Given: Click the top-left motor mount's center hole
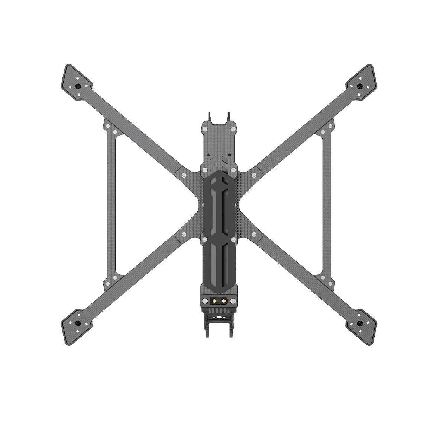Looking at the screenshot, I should (x=78, y=86).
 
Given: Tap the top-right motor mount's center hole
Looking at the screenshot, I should (x=359, y=86).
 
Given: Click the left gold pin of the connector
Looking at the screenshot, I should (x=214, y=300).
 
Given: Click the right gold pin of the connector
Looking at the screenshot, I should (x=223, y=300).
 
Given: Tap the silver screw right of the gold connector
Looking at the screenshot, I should (x=233, y=301).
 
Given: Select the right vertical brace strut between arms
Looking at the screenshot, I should (x=327, y=205).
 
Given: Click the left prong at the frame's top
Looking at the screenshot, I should (x=209, y=115).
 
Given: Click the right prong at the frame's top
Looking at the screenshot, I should (x=228, y=115).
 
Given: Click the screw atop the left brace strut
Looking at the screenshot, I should (x=108, y=127).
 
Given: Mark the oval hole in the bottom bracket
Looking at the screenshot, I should (x=219, y=318).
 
